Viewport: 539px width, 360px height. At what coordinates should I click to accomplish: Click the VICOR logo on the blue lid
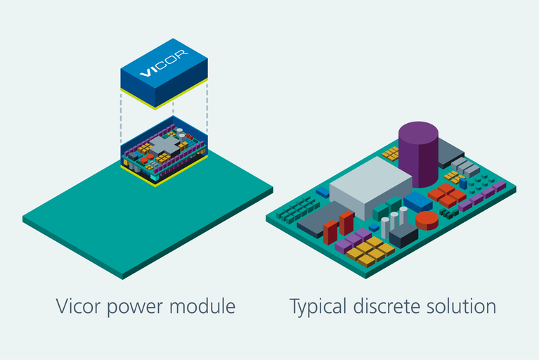click(163, 69)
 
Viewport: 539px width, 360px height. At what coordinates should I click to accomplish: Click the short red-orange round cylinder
click(427, 221)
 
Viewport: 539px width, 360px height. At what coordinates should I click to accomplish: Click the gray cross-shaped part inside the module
click(164, 146)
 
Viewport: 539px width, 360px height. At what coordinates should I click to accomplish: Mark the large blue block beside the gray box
click(418, 202)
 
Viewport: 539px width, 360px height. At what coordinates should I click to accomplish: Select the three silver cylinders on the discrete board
click(394, 221)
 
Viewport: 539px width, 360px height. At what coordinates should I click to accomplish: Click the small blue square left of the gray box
click(323, 191)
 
